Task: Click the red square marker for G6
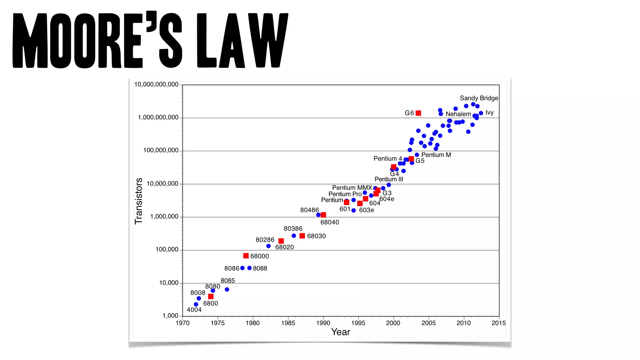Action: click(x=418, y=113)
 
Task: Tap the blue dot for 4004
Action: click(x=196, y=304)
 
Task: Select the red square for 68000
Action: click(x=246, y=256)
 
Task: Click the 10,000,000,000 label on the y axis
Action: click(x=156, y=85)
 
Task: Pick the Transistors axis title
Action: click(x=138, y=201)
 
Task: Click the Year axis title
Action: click(x=341, y=332)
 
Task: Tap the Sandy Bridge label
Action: click(x=479, y=98)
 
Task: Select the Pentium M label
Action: click(x=436, y=155)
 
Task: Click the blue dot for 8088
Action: click(x=249, y=268)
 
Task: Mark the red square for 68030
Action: click(x=302, y=236)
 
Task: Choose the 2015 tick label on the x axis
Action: click(x=498, y=323)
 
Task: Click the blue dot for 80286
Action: click(x=268, y=246)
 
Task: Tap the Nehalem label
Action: click(x=458, y=114)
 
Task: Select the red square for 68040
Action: click(x=323, y=215)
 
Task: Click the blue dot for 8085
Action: click(x=227, y=290)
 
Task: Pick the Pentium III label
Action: click(x=389, y=179)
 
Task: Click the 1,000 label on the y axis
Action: click(x=170, y=316)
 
